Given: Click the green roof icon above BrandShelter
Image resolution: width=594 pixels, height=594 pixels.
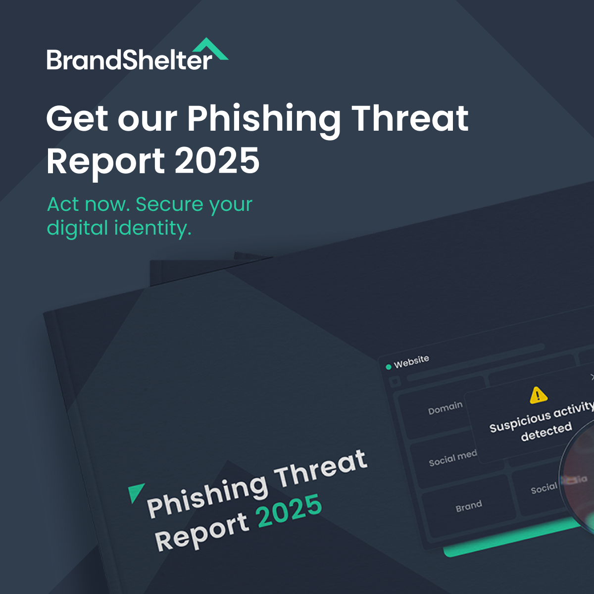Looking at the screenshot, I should coord(210,49).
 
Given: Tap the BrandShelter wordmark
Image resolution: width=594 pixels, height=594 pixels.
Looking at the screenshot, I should coord(129,60).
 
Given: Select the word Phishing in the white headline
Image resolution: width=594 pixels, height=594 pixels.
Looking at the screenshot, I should coord(263,119).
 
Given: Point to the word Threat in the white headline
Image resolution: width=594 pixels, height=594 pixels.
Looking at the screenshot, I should coord(410,118).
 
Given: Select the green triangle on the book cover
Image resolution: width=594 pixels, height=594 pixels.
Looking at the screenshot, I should coord(135,492).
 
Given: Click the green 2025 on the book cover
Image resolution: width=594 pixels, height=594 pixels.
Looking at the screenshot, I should coord(290,510).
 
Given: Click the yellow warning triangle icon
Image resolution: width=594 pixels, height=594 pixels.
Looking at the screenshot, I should coord(538,395).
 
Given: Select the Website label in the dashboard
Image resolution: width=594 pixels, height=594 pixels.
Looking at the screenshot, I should coord(411,361).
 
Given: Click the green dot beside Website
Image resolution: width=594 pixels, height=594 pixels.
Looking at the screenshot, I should coord(389,367).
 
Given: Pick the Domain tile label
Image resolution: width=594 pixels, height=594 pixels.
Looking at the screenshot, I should coord(445,408).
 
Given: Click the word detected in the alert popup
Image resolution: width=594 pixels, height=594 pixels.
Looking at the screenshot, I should coord(546,431).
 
